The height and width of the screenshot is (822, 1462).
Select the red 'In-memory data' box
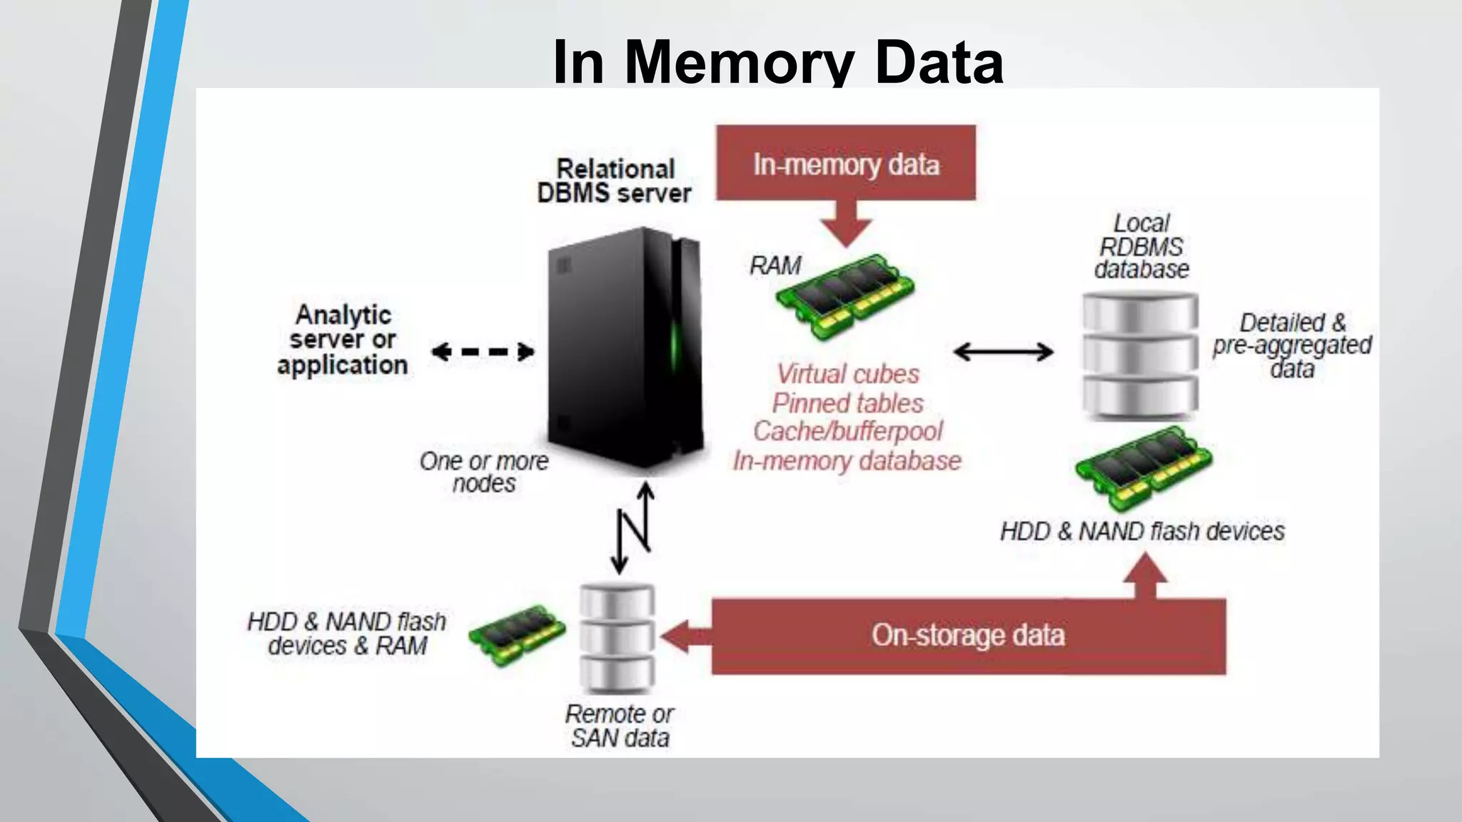[x=846, y=163]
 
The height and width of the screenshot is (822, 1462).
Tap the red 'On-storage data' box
[x=967, y=636]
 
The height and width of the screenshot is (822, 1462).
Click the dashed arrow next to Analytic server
[x=483, y=351]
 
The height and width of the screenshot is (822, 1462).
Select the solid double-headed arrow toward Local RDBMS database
[x=1003, y=351]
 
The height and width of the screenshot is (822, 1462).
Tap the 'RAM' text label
[x=775, y=265]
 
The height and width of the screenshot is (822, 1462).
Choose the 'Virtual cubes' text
[x=847, y=374]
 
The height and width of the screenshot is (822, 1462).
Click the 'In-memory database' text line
[x=847, y=461]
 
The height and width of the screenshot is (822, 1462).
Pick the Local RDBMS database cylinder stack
[x=1140, y=355]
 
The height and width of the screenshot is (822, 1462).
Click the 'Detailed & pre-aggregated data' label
[x=1291, y=345]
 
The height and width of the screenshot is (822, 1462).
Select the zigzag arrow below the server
[x=634, y=528]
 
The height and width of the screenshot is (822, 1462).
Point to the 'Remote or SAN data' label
[x=620, y=726]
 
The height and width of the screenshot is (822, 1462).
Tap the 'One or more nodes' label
[x=484, y=472]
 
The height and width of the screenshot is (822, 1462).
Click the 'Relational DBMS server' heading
[x=615, y=181]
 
